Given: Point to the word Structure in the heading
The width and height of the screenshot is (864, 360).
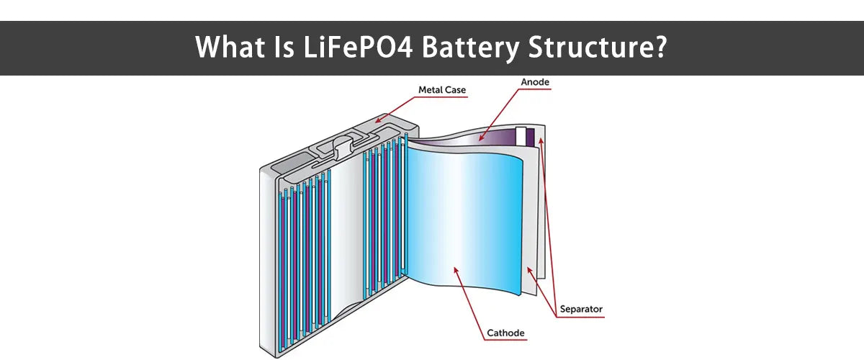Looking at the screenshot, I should pos(599,48).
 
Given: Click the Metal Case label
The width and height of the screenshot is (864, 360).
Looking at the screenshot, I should pos(442,90).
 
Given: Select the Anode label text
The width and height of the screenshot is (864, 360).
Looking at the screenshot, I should pos(535,82).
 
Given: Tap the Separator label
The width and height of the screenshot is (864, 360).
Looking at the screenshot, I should pos(580,310).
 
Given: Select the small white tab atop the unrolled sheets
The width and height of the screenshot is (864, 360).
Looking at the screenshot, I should pos(521,135).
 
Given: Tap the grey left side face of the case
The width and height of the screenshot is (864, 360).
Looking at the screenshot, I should pos(268,259).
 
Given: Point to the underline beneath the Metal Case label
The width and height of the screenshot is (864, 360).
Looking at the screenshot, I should pos(442,96).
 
